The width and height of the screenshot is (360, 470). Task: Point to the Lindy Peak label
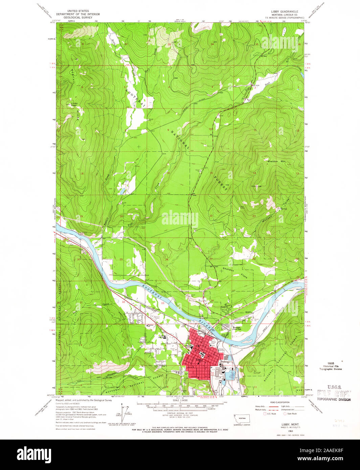tap(74, 104)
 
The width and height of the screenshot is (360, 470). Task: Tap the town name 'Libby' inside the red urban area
tap(199, 360)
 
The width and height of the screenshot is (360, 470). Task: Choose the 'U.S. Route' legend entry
tap(271, 414)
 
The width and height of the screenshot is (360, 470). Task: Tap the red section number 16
tap(168, 173)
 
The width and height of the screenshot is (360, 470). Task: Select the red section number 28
tap(166, 260)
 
